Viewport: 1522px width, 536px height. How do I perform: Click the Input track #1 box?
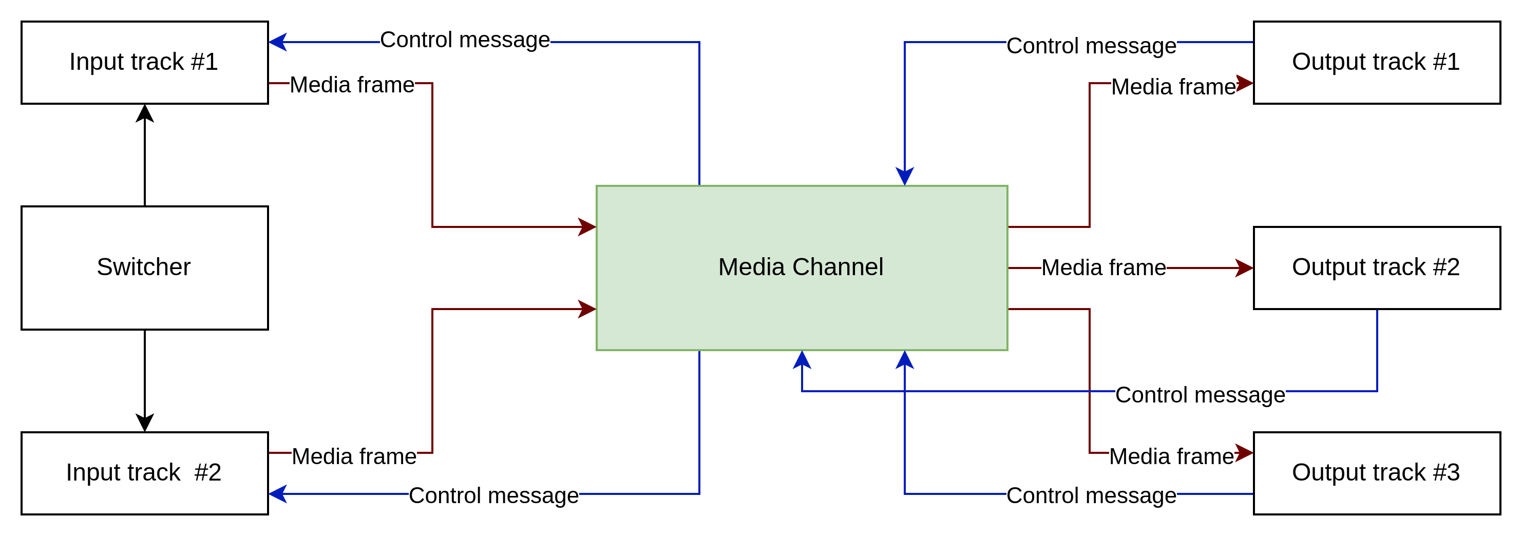pos(144,62)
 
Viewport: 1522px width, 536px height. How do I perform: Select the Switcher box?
pos(144,267)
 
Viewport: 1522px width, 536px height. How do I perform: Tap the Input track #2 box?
pos(144,473)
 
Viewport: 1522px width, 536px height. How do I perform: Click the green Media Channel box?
pos(801,267)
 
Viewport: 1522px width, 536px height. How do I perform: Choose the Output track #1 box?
pos(1376,62)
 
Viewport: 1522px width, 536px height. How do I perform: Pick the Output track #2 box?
pos(1376,267)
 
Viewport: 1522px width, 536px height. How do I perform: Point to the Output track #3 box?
pos(1376,473)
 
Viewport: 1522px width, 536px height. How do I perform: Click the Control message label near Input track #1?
pos(464,40)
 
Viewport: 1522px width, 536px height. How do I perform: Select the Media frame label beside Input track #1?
pos(352,85)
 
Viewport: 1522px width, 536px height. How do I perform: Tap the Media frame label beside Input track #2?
pos(354,457)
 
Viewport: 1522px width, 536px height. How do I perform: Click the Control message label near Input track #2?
pos(493,496)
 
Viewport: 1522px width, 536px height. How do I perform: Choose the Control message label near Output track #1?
pos(1091,46)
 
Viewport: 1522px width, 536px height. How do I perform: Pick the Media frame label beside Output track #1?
pos(1173,87)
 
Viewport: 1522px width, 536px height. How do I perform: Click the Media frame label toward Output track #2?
pos(1103,267)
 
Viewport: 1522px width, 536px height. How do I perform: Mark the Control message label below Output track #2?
pos(1200,395)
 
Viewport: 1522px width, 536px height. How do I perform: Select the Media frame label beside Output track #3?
pos(1171,457)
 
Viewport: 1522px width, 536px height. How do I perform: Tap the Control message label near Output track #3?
pos(1091,496)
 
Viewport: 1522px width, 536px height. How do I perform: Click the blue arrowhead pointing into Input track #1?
pos(278,42)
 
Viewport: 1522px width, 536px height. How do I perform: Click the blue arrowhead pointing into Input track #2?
pos(278,493)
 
